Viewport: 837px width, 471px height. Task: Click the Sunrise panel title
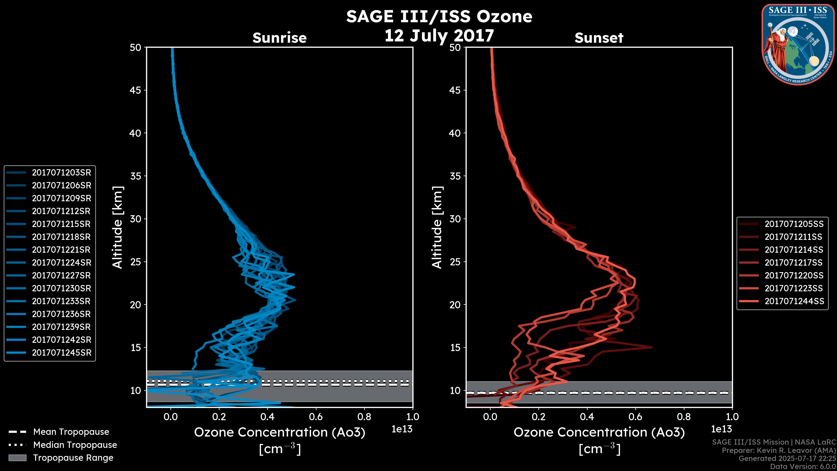point(279,38)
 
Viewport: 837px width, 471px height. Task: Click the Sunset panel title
point(599,38)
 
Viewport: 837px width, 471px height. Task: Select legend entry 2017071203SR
point(61,173)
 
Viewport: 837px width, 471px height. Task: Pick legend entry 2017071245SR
point(61,353)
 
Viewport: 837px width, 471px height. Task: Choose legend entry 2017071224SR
point(61,263)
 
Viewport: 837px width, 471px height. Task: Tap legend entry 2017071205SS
point(794,224)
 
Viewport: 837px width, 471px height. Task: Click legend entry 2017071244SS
point(794,301)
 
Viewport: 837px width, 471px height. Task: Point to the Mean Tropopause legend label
point(71,432)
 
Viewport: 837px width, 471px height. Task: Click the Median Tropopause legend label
point(75,445)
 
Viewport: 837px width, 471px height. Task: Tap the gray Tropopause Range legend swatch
point(17,458)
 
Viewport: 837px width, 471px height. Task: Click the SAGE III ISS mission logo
point(798,44)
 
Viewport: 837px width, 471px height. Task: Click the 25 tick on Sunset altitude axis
point(455,262)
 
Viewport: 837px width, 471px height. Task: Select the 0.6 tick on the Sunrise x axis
point(316,417)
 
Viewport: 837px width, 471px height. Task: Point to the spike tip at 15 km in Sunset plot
point(652,347)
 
